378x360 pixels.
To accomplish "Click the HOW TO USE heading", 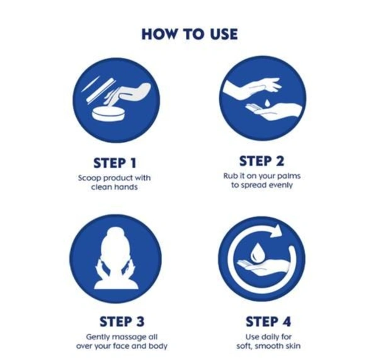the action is (190, 34).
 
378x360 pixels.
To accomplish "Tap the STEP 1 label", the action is (115, 163).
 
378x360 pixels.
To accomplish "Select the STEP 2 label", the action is (261, 161).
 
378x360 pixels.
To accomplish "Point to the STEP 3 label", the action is (122, 322).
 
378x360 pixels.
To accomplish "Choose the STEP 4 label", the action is (268, 322).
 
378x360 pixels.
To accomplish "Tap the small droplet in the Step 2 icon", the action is (267, 103).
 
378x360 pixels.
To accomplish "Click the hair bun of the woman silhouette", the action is (116, 233).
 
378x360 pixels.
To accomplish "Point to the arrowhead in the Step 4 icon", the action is (277, 230).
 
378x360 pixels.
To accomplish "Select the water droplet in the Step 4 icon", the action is (258, 253).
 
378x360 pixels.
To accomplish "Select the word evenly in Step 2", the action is (280, 185).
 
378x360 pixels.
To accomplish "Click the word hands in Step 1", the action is (125, 187).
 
